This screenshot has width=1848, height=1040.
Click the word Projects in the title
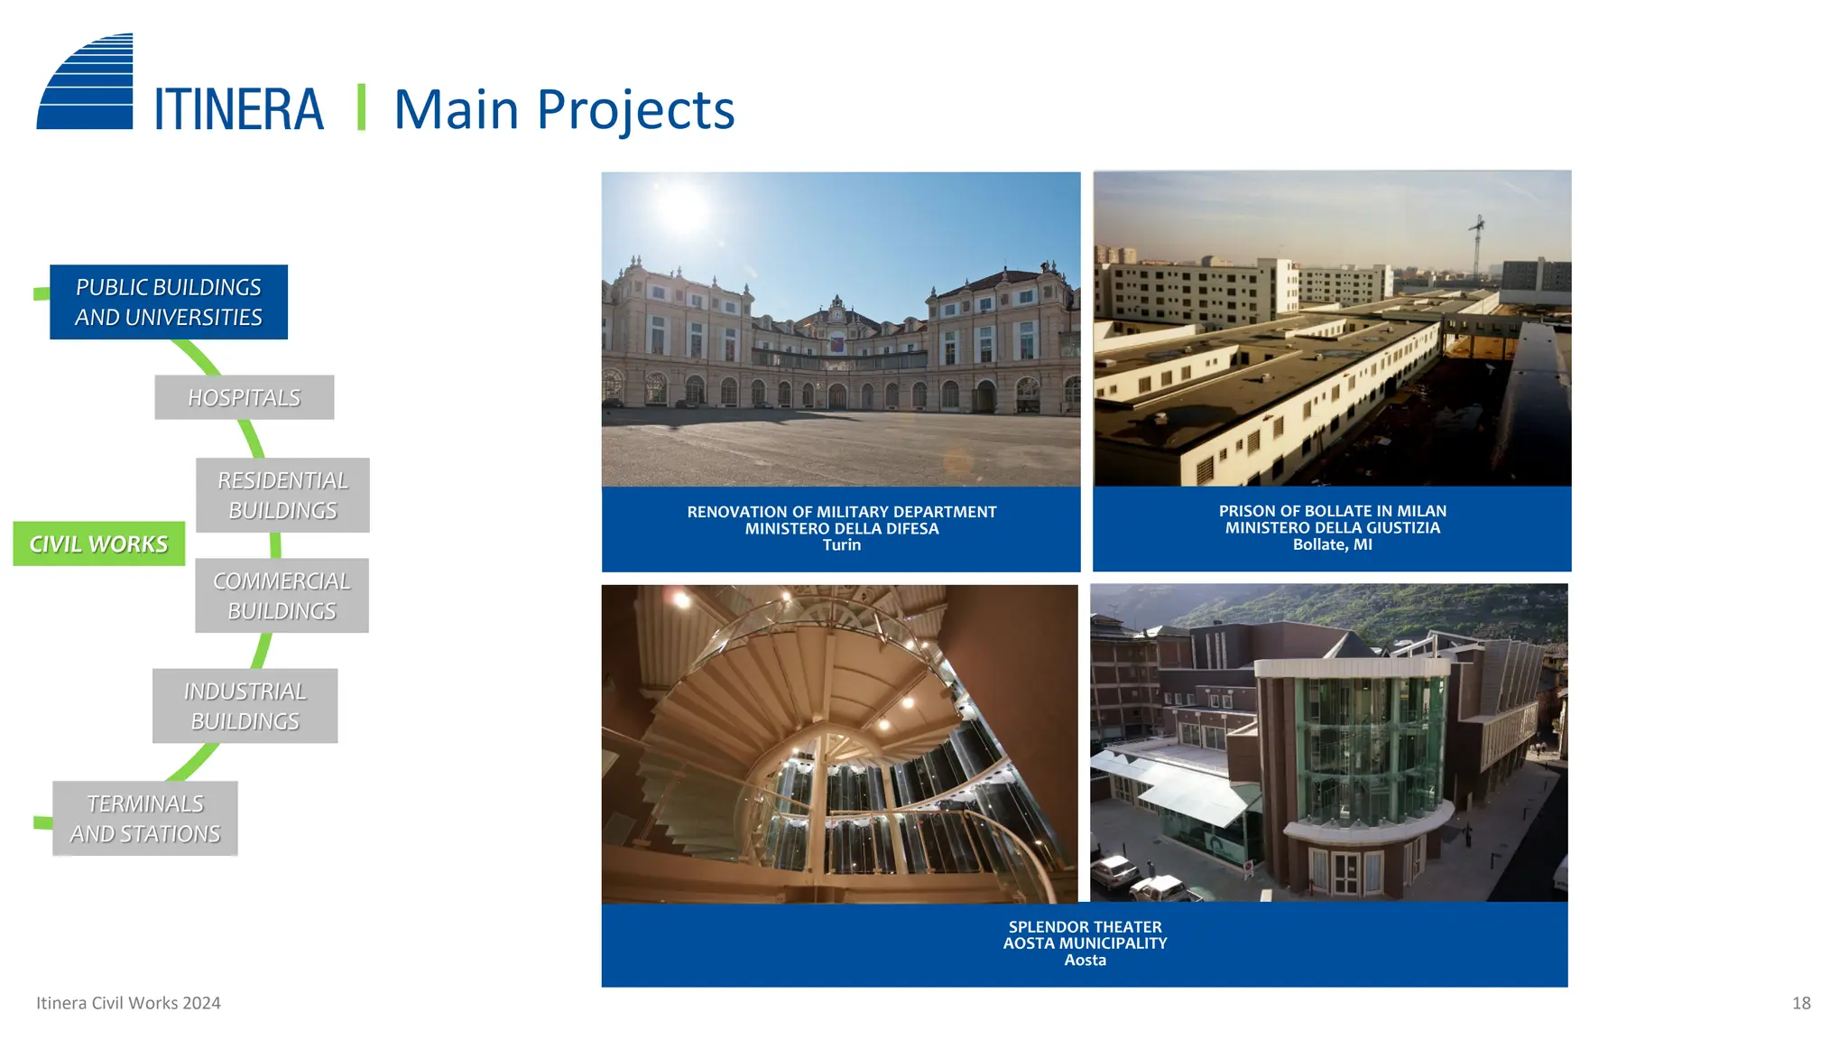click(635, 110)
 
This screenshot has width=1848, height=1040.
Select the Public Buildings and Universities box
click(169, 302)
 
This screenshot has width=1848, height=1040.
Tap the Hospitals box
click(244, 397)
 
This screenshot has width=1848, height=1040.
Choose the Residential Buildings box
click(282, 495)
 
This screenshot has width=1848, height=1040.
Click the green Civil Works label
click(98, 543)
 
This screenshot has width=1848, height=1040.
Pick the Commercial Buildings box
click(282, 596)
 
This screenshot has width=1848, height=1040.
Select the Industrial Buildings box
click(245, 706)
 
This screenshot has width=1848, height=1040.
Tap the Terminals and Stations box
click(145, 818)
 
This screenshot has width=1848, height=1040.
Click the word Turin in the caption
click(841, 545)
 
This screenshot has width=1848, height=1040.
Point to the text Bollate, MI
click(1332, 544)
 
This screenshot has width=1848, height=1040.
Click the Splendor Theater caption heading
click(1085, 926)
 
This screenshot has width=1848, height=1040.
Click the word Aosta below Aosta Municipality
click(1085, 961)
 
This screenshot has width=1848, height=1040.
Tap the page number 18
click(1801, 1003)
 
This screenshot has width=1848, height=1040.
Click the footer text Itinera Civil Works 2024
click(128, 1003)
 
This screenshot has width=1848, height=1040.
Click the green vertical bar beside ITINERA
click(361, 108)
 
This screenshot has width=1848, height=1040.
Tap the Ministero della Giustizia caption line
click(1332, 527)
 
